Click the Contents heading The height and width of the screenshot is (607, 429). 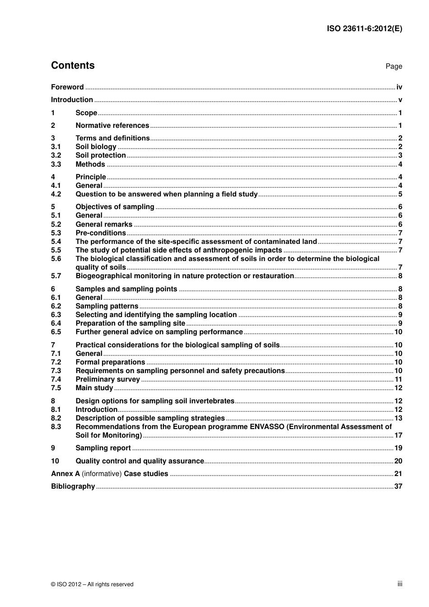tap(73, 65)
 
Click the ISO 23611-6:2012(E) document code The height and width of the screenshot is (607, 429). tap(364, 28)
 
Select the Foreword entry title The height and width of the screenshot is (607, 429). tap(67, 87)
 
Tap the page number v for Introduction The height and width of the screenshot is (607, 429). tap(400, 100)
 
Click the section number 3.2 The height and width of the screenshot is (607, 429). tap(56, 155)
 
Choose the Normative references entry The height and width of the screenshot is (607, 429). tap(112, 126)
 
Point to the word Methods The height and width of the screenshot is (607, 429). tap(90, 164)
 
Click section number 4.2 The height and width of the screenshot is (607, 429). tap(56, 194)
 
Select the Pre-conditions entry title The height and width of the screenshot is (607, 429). tap(101, 233)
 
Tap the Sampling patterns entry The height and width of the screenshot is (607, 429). tap(107, 306)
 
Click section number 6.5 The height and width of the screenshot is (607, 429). tap(56, 332)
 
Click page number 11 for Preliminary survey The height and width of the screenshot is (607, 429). tap(398, 379)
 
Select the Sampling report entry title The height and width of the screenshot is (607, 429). tap(103, 448)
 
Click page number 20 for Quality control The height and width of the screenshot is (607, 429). tap(398, 461)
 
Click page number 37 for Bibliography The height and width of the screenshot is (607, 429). tap(398, 486)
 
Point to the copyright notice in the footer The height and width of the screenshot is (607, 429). tap(92, 584)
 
